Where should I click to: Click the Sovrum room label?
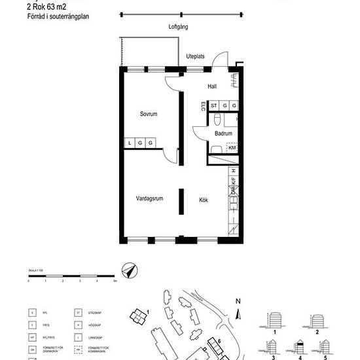coord(149,114)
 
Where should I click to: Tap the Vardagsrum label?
coord(149,198)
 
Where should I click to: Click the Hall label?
coord(211,86)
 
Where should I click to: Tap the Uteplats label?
coord(196,56)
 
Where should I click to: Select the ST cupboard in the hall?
coord(214,105)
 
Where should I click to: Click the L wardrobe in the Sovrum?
coord(130,143)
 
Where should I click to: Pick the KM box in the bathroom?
coord(232,148)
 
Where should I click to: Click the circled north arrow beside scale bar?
coord(129,270)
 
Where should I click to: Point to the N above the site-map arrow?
coord(238,302)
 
